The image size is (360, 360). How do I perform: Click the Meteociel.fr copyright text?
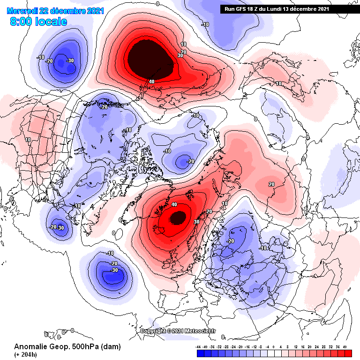[x=179, y=331]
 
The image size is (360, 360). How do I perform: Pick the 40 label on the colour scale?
[x=345, y=347]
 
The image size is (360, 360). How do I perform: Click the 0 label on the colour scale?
[x=274, y=347]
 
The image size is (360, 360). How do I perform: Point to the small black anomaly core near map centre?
[x=178, y=217]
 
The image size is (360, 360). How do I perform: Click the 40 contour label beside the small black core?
[x=174, y=204]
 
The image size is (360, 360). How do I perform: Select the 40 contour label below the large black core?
[x=151, y=81]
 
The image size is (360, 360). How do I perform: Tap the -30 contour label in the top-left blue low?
[x=70, y=60]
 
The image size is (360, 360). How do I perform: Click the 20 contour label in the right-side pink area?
[x=271, y=184]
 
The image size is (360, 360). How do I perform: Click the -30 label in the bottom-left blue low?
[x=113, y=270]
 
